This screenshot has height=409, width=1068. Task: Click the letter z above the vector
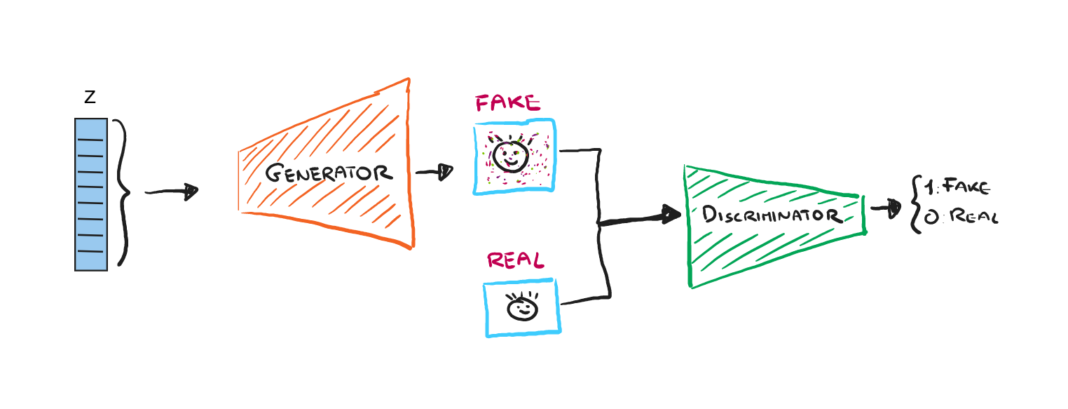pyautogui.click(x=90, y=98)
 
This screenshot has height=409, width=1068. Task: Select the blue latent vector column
pyautogui.click(x=91, y=194)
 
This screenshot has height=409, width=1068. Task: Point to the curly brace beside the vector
pyautogui.click(x=123, y=192)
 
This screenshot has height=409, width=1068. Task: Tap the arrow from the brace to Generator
pyautogui.click(x=172, y=192)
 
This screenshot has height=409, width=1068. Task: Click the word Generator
pyautogui.click(x=328, y=173)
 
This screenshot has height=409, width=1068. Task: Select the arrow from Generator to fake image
pyautogui.click(x=434, y=172)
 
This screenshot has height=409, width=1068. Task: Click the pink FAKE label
pyautogui.click(x=508, y=104)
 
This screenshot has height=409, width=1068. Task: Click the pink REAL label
pyautogui.click(x=515, y=261)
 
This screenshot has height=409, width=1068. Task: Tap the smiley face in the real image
pyautogui.click(x=522, y=307)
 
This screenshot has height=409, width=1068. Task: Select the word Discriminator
pyautogui.click(x=772, y=214)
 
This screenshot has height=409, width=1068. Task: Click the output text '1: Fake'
pyautogui.click(x=957, y=187)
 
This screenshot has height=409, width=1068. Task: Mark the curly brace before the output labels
pyautogui.click(x=914, y=204)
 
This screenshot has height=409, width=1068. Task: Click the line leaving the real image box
pyautogui.click(x=585, y=300)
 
